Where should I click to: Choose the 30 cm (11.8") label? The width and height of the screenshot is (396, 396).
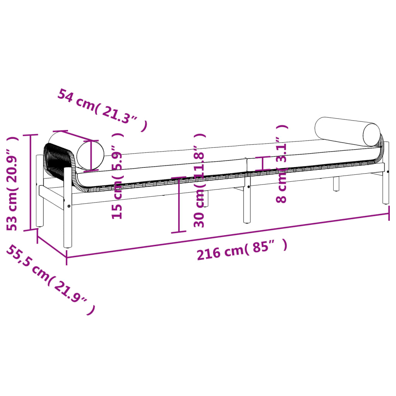pyautogui.click(x=199, y=181)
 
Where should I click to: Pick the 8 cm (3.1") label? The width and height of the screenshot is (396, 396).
pyautogui.click(x=282, y=164)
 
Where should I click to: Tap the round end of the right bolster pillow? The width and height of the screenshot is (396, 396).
pyautogui.click(x=372, y=135)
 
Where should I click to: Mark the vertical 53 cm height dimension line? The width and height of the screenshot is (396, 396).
pyautogui.click(x=30, y=182)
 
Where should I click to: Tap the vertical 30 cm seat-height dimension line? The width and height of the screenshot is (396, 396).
pyautogui.click(x=179, y=205)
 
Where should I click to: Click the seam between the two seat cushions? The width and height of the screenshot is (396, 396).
pyautogui.click(x=246, y=165)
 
